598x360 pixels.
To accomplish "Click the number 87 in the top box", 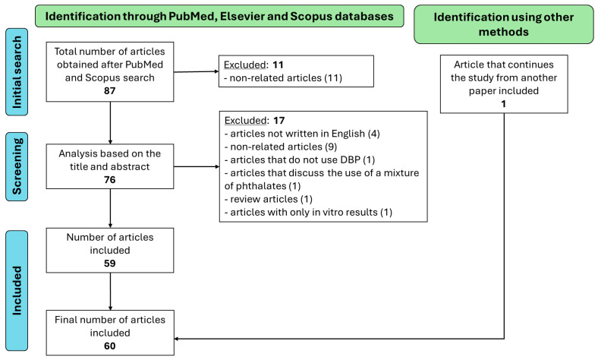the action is tap(109, 91).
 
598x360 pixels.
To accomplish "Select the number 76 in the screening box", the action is tap(109, 180).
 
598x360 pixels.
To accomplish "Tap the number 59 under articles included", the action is tap(109, 264).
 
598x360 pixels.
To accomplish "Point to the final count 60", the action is tap(109, 346).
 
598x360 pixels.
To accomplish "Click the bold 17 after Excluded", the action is tap(279, 121).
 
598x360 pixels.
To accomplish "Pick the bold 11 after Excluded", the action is tap(278, 65).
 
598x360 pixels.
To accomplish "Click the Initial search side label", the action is tap(17, 71).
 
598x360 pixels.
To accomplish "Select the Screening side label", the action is tap(17, 166).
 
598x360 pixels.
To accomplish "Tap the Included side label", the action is tap(17, 291).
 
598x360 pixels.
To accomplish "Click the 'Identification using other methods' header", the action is tap(503, 24).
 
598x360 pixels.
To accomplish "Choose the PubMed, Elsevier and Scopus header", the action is tap(219, 16).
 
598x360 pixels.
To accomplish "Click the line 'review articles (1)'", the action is tap(269, 199).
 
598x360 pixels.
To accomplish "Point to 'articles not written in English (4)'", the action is tap(302, 134).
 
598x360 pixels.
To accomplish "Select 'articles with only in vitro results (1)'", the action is tap(308, 212).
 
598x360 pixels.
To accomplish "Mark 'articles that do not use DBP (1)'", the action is tap(300, 160).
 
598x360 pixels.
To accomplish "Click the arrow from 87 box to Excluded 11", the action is tap(196, 71).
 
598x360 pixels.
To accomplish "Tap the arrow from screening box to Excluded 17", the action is tap(197, 166).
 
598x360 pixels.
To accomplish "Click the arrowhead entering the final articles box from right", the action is tap(177, 339).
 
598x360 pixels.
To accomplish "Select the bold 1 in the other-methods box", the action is tap(503, 104).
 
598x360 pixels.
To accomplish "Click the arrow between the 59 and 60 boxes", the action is tap(110, 292).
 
